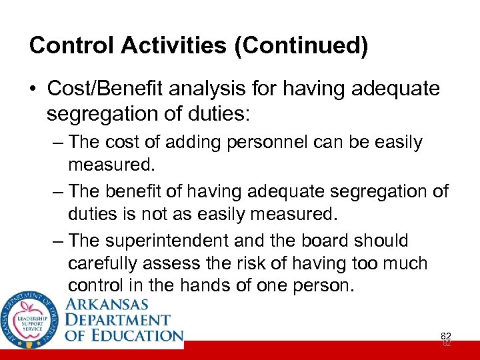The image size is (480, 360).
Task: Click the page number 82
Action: click(x=446, y=338)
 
